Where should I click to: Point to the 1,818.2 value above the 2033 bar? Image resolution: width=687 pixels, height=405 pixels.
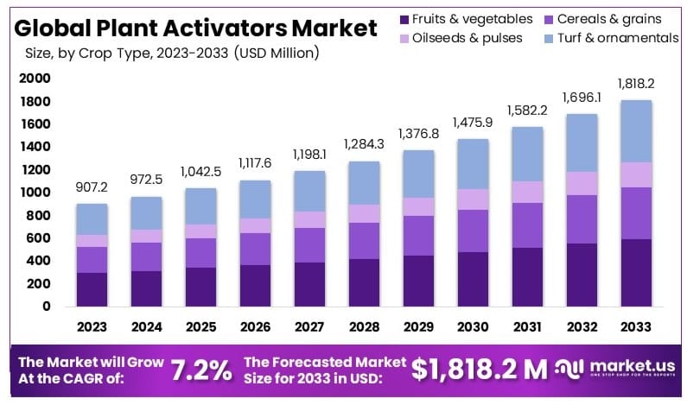635,83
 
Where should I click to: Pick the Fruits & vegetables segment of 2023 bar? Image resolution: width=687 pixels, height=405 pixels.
92,289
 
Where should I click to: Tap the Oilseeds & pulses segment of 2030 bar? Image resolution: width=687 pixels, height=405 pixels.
473,199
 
